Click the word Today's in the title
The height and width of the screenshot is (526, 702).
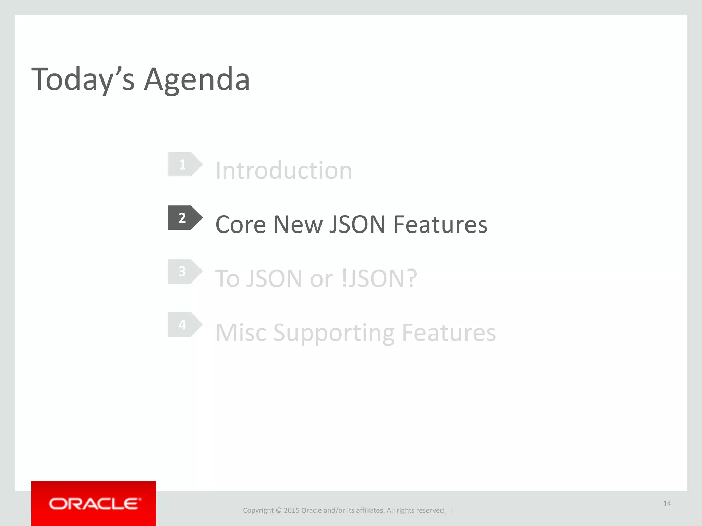click(x=83, y=79)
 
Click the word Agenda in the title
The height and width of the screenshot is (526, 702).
click(x=197, y=79)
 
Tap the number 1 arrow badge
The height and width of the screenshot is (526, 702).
click(x=184, y=164)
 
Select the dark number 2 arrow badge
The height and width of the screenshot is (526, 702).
click(x=184, y=218)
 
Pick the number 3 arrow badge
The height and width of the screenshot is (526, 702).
click(x=184, y=271)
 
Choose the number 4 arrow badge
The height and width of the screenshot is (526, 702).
click(x=184, y=324)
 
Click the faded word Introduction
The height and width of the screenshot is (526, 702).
click(x=283, y=170)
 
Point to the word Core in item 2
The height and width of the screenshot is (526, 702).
click(x=241, y=225)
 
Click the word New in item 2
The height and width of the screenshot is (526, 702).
click(x=298, y=225)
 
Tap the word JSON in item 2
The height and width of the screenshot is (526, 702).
click(x=357, y=225)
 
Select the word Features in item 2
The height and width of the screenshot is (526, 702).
click(x=440, y=225)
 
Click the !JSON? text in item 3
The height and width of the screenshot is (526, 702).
click(x=379, y=278)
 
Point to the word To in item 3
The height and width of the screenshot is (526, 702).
click(x=227, y=278)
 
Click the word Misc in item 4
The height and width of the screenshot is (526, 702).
click(x=241, y=333)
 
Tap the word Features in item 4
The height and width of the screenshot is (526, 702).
click(x=449, y=333)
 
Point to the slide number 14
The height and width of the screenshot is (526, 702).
click(x=667, y=503)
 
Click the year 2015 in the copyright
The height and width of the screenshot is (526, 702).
click(x=291, y=510)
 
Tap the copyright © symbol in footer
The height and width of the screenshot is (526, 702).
click(x=278, y=510)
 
